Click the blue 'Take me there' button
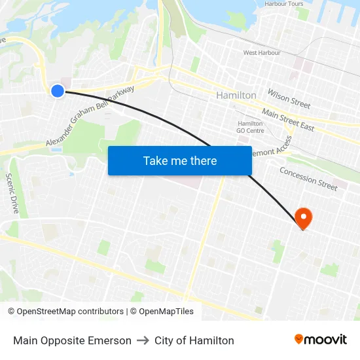pyautogui.click(x=180, y=160)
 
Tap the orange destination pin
pyautogui.click(x=303, y=218)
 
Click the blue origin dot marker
pyautogui.click(x=58, y=91)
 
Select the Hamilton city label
pyautogui.click(x=236, y=96)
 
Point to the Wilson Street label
pyautogui.click(x=289, y=99)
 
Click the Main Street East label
pyautogui.click(x=288, y=120)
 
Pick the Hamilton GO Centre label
pyautogui.click(x=250, y=127)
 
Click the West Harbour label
pyautogui.click(x=262, y=53)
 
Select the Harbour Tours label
pyautogui.click(x=284, y=4)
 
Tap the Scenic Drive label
pyautogui.click(x=12, y=194)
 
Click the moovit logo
pyautogui.click(x=320, y=340)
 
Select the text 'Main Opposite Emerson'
pyautogui.click(x=72, y=340)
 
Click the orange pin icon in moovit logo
pyautogui.click(x=299, y=340)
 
